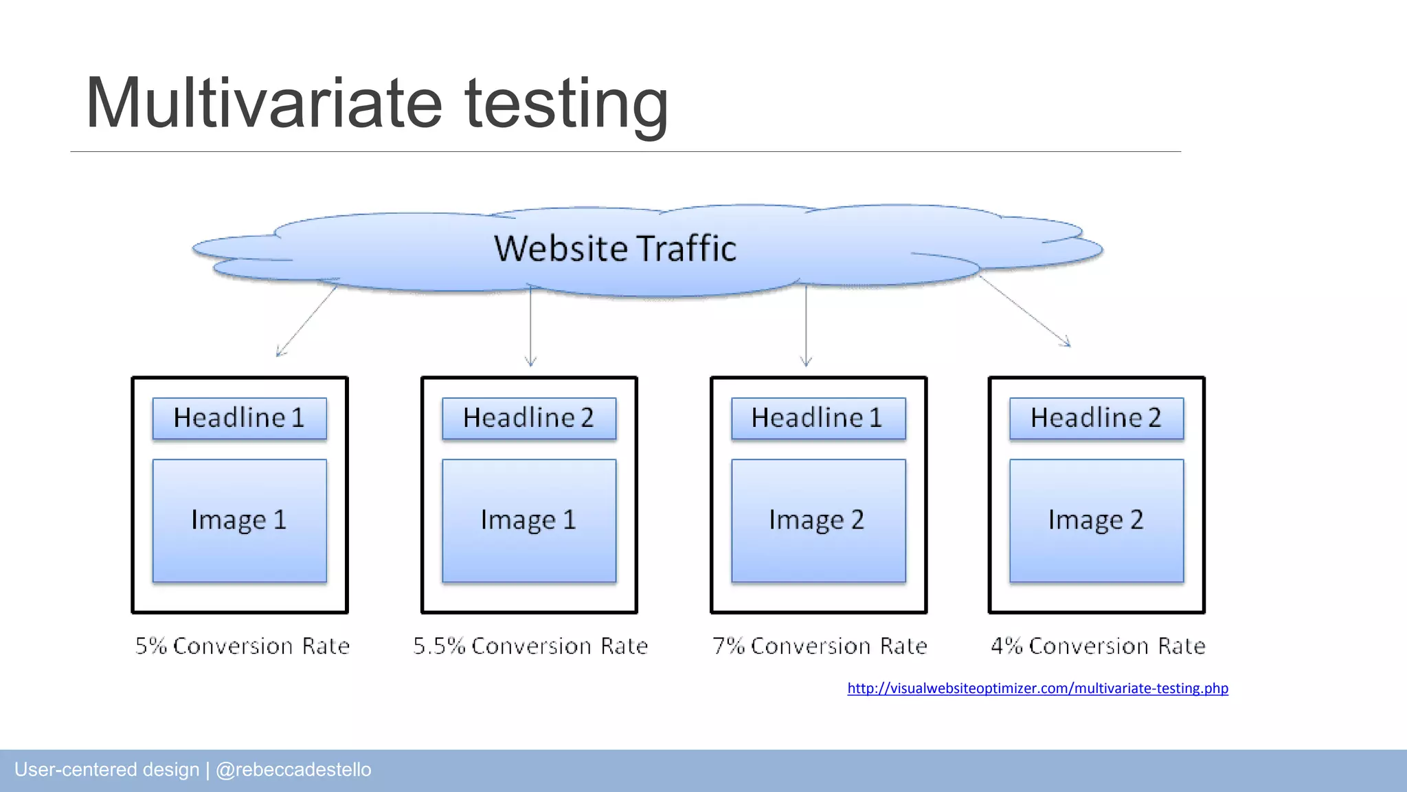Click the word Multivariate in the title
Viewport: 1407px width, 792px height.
click(264, 103)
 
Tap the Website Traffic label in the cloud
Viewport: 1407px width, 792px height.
click(615, 248)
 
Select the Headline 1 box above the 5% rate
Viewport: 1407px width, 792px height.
click(239, 418)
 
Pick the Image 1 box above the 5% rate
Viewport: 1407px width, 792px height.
click(239, 520)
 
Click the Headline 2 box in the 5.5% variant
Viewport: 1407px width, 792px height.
click(529, 418)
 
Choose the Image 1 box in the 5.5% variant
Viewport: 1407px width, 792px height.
click(529, 520)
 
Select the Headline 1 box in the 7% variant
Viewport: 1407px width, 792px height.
click(818, 418)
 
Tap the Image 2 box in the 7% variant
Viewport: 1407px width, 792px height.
click(818, 520)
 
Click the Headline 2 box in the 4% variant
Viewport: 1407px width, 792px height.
click(1096, 418)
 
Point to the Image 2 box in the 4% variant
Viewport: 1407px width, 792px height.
click(1096, 520)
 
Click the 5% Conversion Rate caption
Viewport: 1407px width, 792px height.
click(243, 646)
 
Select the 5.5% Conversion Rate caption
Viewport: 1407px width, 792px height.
click(530, 646)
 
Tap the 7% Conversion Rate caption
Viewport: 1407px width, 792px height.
click(820, 646)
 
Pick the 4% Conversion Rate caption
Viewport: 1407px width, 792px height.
click(1098, 646)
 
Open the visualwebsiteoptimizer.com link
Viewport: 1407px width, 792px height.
click(1037, 688)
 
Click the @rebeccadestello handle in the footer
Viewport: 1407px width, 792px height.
click(293, 769)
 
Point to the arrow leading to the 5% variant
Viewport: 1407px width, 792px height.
click(306, 321)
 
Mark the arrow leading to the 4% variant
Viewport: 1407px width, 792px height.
click(1025, 311)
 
